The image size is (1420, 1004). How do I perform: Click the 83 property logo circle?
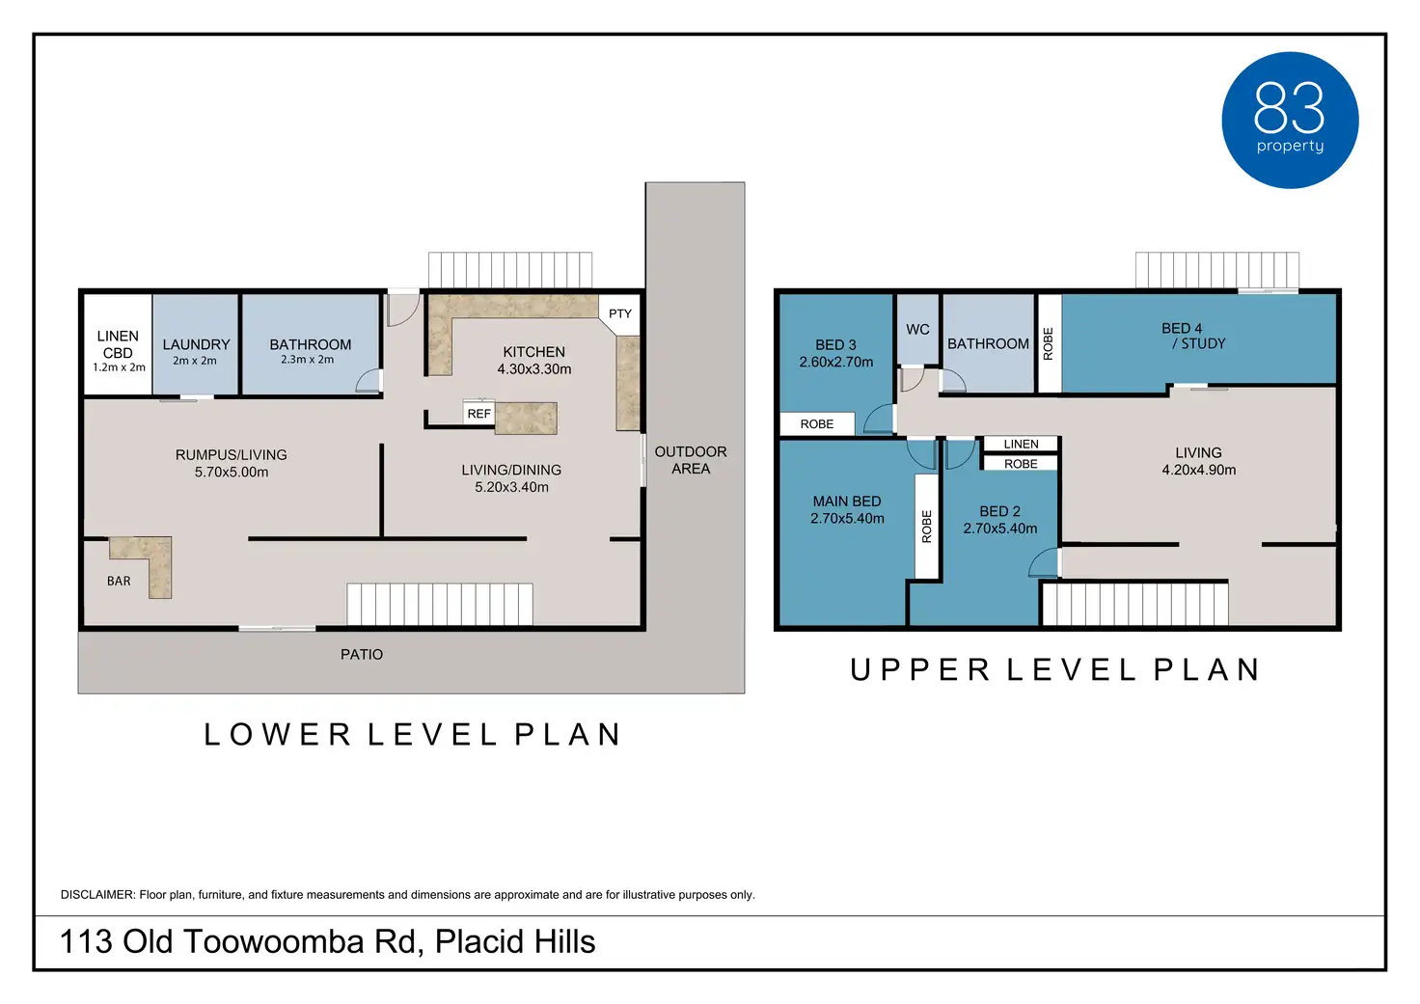[1290, 120]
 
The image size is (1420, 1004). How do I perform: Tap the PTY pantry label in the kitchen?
[620, 313]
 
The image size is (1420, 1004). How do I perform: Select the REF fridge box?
[478, 413]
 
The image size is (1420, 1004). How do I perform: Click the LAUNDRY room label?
[196, 344]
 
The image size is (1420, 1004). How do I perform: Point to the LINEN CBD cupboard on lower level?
[118, 343]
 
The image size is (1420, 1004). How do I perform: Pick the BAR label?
[119, 581]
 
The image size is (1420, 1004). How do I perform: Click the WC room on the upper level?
[917, 330]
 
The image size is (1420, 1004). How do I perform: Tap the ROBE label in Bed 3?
[816, 424]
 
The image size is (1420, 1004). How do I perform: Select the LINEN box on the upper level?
[1021, 444]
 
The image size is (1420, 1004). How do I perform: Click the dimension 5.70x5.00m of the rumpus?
[232, 472]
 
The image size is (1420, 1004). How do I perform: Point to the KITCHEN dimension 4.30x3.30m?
[533, 368]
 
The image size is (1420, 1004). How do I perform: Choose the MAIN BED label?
[847, 502]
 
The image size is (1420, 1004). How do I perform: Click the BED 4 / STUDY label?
[1192, 336]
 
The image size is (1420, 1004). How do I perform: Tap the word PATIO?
[362, 654]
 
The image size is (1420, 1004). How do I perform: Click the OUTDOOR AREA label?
[691, 460]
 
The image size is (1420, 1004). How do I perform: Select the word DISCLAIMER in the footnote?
[97, 894]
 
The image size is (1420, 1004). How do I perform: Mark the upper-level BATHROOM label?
[988, 343]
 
